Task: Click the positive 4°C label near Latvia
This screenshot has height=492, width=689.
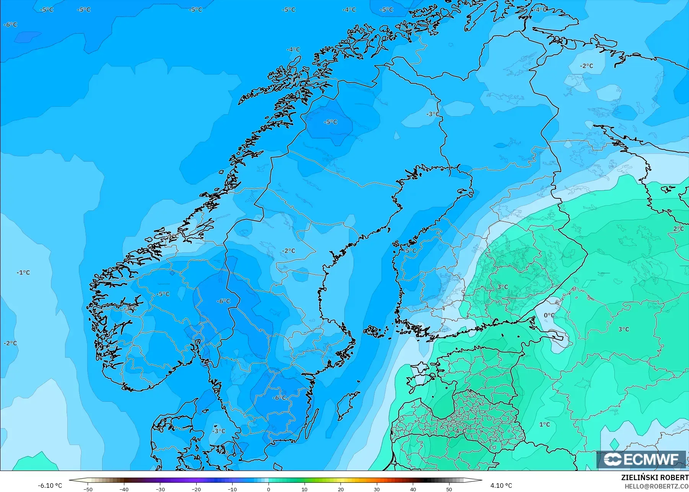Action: coord(460,431)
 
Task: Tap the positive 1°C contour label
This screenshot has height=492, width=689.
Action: coord(544,424)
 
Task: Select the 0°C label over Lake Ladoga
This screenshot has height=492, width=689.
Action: coord(549,315)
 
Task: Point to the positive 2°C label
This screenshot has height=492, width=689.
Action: coord(678,229)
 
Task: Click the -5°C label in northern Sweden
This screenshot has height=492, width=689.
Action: coord(331,122)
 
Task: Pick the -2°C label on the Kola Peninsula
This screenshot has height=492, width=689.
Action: coord(586,66)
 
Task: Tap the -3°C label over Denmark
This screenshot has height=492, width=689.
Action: coord(218,431)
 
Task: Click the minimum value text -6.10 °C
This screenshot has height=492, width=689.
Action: coord(50,486)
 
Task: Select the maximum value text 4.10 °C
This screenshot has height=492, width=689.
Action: coord(501,486)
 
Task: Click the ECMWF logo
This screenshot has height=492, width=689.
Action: coord(641,459)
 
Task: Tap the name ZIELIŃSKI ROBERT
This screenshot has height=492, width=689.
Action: coord(655,478)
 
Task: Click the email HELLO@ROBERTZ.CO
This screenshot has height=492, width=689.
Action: coord(656,486)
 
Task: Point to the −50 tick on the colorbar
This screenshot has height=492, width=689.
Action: coord(88,489)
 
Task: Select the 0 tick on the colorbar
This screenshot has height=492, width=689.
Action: coord(269,489)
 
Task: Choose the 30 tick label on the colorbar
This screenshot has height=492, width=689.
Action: coord(377,489)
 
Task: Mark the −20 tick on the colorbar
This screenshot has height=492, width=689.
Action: coord(196,489)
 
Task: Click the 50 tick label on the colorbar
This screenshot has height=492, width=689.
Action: coord(449,489)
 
